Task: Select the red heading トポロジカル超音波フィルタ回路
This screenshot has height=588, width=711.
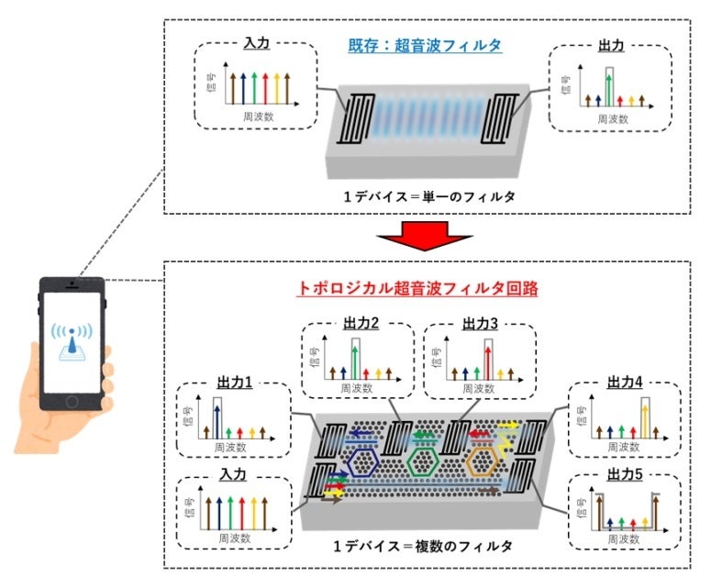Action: coord(417,287)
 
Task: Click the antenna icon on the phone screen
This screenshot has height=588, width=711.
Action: coord(71,344)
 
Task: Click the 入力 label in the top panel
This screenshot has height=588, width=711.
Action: coord(256,43)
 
